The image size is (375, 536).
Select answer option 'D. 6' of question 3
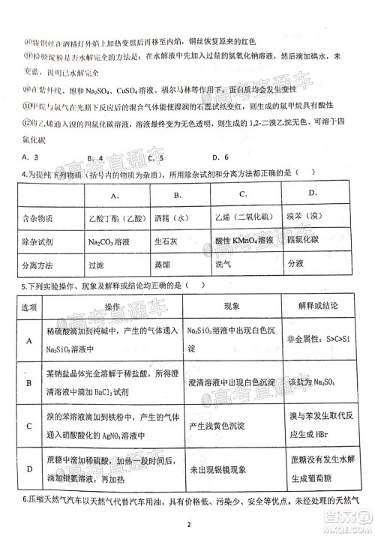[220, 157]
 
